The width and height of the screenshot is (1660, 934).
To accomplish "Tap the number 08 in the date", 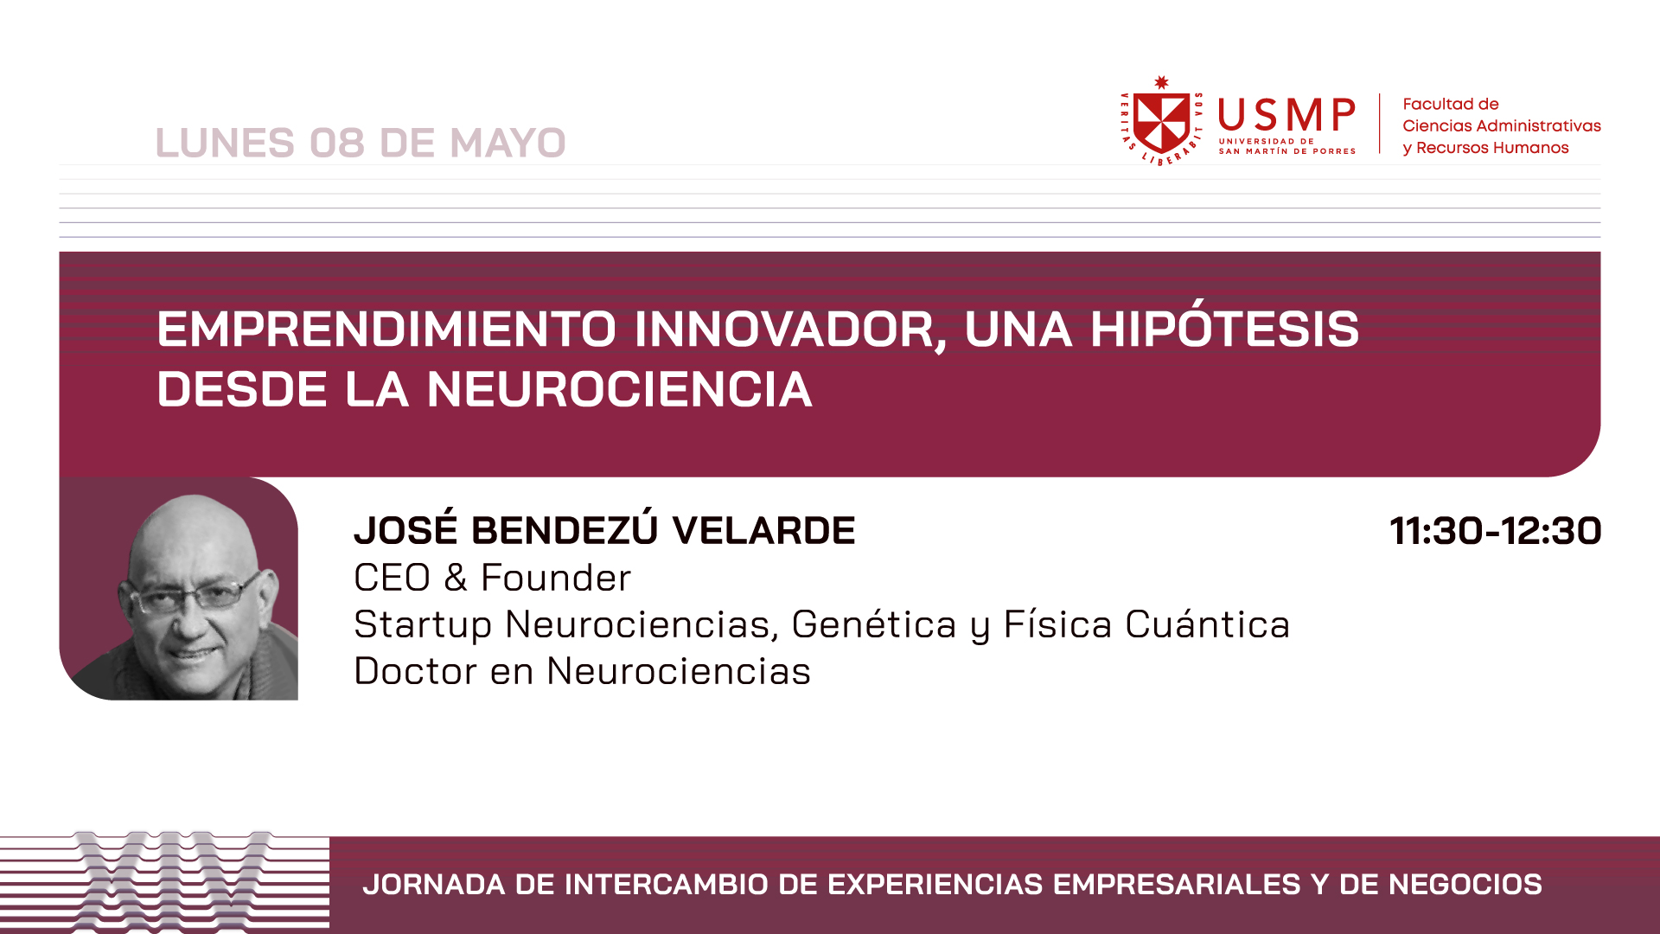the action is pyautogui.click(x=337, y=143).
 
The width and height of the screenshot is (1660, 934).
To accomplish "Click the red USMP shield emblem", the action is pyautogui.click(x=1161, y=121).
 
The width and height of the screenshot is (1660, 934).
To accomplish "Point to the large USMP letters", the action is pyautogui.click(x=1286, y=115).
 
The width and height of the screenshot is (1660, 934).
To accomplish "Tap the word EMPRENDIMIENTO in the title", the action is pyautogui.click(x=386, y=329).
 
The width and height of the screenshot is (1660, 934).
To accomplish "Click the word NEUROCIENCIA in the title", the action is pyautogui.click(x=619, y=389).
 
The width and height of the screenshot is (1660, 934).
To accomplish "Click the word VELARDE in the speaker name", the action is pyautogui.click(x=764, y=530).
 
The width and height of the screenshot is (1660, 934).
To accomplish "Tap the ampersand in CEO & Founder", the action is pyautogui.click(x=456, y=578).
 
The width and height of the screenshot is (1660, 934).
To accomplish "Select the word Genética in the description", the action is pyautogui.click(x=874, y=624).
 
